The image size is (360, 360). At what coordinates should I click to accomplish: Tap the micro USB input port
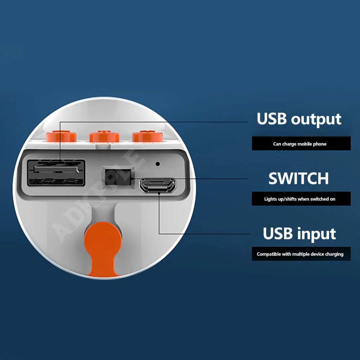[158, 185]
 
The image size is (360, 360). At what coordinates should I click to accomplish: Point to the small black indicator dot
[157, 164]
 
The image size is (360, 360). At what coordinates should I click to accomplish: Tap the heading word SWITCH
[299, 179]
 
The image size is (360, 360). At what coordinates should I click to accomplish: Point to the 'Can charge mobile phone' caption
[300, 144]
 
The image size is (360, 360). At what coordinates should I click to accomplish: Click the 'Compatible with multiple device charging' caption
[300, 254]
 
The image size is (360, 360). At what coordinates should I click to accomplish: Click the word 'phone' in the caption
[320, 144]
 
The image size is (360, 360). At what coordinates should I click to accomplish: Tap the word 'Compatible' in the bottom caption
[269, 254]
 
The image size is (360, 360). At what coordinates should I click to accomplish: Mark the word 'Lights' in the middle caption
[271, 199]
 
